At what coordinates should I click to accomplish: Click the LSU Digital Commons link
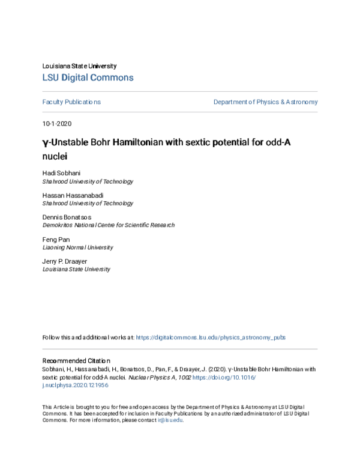[88, 77]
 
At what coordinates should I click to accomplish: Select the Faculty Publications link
[71, 102]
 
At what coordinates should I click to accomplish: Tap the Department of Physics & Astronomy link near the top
[265, 102]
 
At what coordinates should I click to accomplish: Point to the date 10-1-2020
[56, 124]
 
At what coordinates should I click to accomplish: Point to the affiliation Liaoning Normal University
[77, 247]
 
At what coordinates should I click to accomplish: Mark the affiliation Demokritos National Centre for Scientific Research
[108, 225]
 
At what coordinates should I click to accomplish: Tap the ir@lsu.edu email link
[170, 420]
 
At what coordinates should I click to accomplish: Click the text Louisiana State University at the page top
[79, 66]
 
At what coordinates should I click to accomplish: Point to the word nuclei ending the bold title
[54, 157]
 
